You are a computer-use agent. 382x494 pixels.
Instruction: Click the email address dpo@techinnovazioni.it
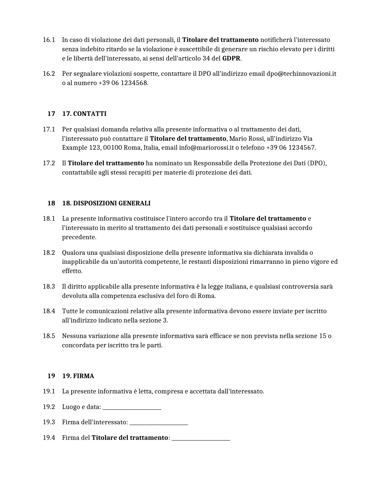[301, 74]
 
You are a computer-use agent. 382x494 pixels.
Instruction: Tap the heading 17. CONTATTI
[84, 114]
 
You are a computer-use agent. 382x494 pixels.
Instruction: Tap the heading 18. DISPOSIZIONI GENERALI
[106, 203]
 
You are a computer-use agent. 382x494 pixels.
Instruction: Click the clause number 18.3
[49, 287]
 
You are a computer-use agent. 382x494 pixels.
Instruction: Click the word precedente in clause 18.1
[79, 237]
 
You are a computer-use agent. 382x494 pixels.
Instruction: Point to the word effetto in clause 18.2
[72, 271]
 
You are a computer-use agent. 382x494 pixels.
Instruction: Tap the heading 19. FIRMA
[78, 376]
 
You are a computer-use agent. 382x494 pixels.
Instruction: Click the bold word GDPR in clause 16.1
[231, 58]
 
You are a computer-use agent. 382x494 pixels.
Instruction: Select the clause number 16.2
[49, 74]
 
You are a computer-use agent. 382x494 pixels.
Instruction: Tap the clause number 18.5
[49, 336]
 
